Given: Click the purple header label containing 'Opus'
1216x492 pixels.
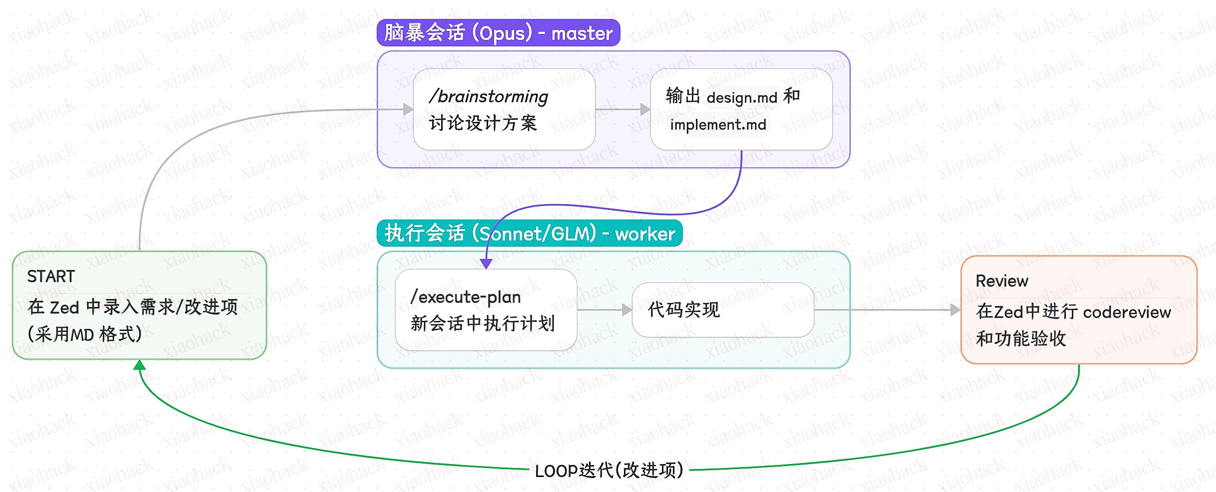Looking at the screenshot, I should [x=498, y=33].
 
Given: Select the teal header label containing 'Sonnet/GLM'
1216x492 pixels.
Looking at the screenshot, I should [x=530, y=233].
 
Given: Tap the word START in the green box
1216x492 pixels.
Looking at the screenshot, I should [x=51, y=276].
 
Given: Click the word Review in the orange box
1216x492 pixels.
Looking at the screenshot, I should [x=1002, y=281].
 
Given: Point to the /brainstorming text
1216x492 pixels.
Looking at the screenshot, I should [x=489, y=96].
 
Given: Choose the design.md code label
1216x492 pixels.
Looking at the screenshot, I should [x=742, y=97].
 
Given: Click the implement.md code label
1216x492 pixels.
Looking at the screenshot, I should [x=718, y=125].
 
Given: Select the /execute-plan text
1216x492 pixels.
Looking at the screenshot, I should [x=466, y=297].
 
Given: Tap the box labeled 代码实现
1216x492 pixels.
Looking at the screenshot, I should [x=722, y=310].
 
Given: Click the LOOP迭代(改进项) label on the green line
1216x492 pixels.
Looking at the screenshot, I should [x=609, y=470].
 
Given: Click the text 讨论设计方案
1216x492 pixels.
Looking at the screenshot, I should [x=483, y=123].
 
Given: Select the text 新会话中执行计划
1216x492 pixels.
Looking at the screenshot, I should [x=483, y=324].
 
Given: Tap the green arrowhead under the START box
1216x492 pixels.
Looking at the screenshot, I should [x=140, y=365].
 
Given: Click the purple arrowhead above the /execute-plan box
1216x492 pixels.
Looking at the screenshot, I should [x=486, y=263].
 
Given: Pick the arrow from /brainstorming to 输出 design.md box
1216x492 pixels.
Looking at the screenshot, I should [x=622, y=109].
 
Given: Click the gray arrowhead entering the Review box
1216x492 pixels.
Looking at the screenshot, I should [x=955, y=310].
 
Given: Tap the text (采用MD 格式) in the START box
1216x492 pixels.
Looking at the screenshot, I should [x=85, y=334].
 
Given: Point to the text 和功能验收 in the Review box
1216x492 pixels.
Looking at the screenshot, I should [x=1021, y=339].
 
